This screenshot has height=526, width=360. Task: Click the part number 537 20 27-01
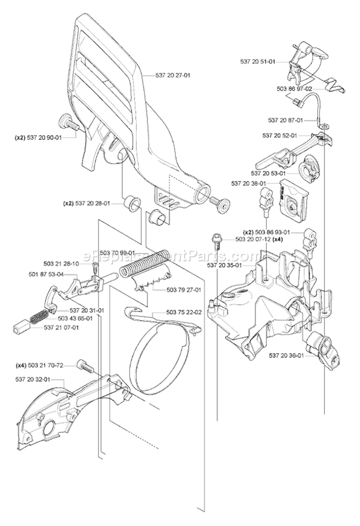tap(173, 75)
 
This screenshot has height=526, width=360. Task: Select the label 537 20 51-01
tap(257, 61)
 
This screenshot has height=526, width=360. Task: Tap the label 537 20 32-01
tap(33, 379)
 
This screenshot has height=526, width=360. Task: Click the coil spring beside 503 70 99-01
tap(144, 263)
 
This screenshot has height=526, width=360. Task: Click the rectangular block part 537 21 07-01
tap(21, 326)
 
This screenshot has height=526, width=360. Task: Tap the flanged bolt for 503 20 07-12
tap(216, 240)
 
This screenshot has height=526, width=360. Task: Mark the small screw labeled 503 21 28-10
tap(95, 266)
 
